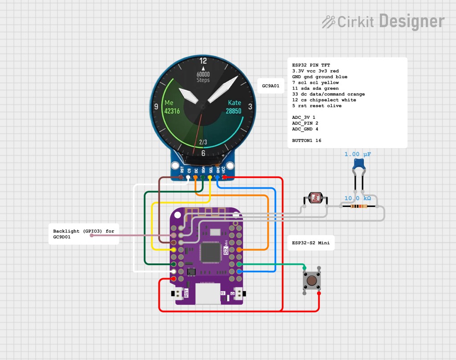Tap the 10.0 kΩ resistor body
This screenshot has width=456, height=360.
[x=359, y=206]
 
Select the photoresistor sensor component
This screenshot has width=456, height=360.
[x=316, y=198]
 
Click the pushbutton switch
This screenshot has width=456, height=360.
[x=312, y=280]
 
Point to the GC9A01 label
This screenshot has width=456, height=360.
[x=271, y=86]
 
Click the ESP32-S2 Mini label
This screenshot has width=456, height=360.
[x=310, y=243]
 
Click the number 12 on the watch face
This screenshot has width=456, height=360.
[x=203, y=61]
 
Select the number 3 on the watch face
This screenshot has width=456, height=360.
[x=250, y=106]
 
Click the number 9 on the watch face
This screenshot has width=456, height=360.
[x=156, y=106]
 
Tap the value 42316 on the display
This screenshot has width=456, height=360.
[x=172, y=111]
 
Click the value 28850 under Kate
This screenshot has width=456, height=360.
[x=233, y=111]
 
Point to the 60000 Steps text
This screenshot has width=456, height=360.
[x=203, y=77]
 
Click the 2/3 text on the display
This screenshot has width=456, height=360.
[x=203, y=142]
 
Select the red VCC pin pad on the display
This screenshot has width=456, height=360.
[x=224, y=177]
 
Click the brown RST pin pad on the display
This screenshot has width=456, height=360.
[x=181, y=177]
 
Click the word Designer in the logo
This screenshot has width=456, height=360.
[x=411, y=21]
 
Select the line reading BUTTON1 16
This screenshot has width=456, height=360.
[x=306, y=141]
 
